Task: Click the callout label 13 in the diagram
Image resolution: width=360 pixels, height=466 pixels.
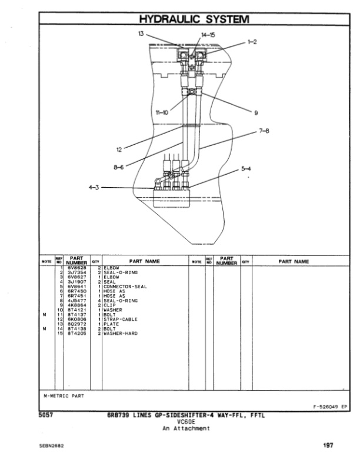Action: pos(141,34)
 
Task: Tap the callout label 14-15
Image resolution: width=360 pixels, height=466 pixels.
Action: pos(208,35)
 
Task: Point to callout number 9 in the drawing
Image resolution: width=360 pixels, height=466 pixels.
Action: pos(256,112)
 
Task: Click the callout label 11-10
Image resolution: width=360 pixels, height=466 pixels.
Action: pos(162,112)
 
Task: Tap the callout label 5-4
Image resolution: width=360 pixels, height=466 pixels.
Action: pos(246,169)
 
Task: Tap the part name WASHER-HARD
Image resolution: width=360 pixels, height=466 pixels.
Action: pos(121,334)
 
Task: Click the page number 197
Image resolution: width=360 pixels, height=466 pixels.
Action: pos(328,445)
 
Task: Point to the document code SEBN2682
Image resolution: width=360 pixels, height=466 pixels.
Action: pos(52,446)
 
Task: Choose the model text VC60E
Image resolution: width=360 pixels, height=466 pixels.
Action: pos(185,422)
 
